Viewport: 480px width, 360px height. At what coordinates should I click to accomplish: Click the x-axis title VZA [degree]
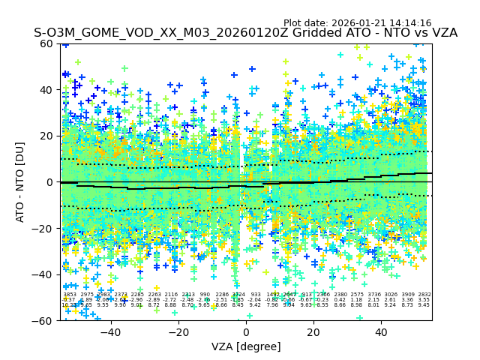246,346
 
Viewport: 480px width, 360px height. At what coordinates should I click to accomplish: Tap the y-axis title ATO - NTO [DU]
21,182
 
